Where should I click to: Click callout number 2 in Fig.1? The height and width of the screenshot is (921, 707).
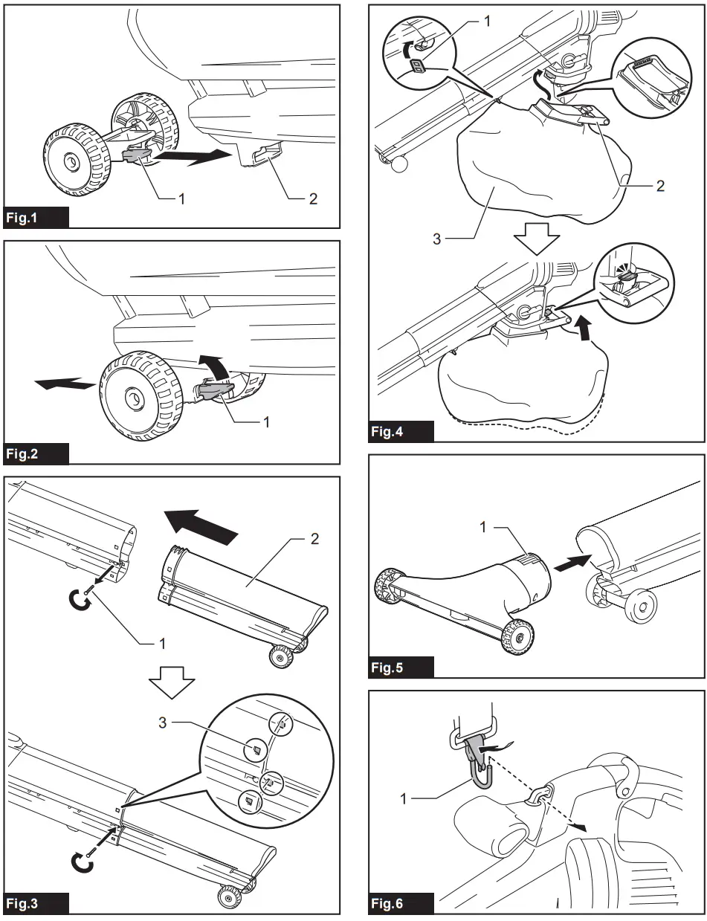312,198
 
